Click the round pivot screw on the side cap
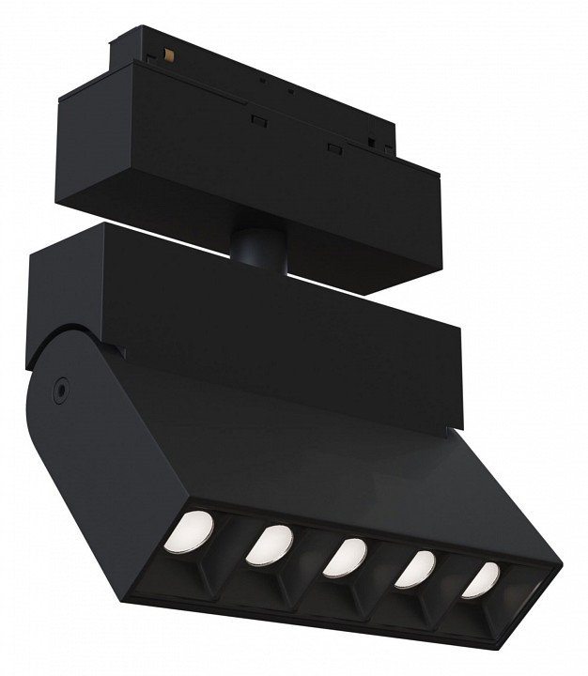coord(61,384)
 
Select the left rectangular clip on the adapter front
coord(255,120)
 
